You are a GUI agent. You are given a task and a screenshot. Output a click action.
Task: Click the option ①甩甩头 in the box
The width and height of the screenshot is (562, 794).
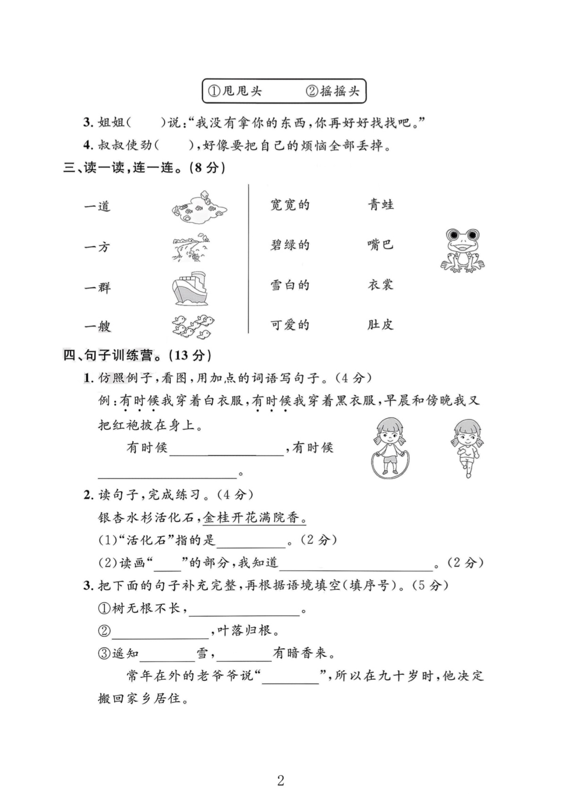(235, 91)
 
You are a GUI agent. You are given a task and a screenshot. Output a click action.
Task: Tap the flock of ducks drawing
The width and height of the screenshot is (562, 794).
(192, 326)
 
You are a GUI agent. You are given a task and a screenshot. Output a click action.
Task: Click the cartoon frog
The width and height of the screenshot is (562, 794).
(462, 251)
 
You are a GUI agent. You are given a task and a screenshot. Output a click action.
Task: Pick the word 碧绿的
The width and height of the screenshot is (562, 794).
(289, 245)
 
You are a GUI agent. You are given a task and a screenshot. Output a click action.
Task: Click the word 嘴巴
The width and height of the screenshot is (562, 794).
(380, 245)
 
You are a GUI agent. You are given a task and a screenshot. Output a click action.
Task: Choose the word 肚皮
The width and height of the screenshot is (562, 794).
(380, 325)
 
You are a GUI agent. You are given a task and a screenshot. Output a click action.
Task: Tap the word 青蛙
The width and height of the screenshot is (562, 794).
(380, 205)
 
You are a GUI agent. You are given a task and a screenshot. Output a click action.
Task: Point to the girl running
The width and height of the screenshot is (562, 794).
(467, 448)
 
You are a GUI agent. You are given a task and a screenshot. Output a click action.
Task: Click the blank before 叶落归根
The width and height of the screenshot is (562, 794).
(160, 633)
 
